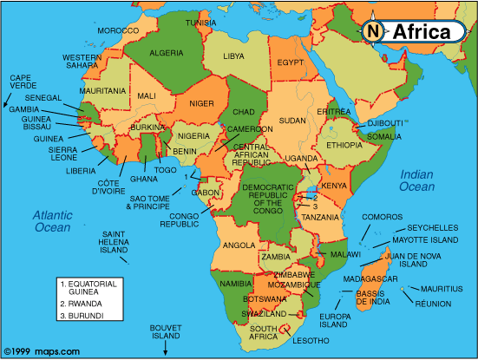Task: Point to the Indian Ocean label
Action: pos(416,181)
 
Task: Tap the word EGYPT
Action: pos(291,62)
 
